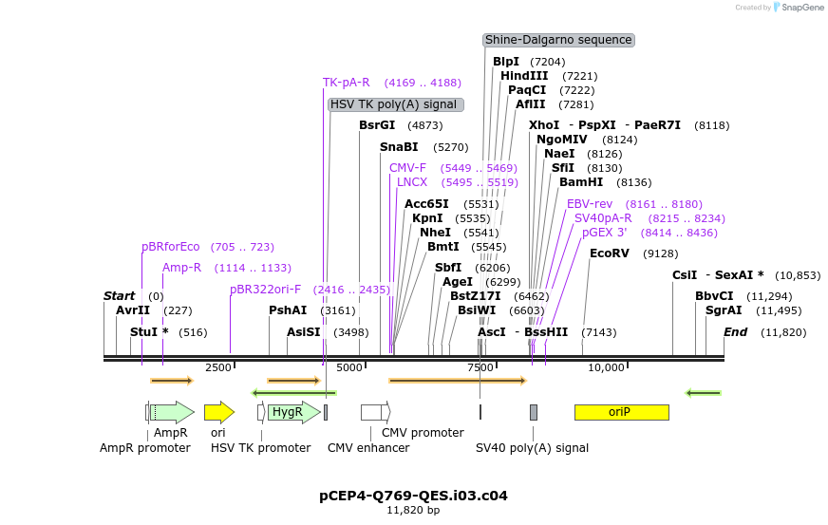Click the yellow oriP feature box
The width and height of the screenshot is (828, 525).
coord(621,412)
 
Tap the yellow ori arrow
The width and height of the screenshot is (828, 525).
coord(218,412)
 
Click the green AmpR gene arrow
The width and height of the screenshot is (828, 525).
coord(172,412)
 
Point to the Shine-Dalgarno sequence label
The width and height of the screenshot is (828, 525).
coord(558,40)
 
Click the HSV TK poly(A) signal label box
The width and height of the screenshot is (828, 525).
coord(395,104)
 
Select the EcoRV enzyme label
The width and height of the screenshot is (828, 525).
coord(609,253)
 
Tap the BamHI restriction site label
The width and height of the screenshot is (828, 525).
coord(580,182)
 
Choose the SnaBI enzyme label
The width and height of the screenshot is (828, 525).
coord(399,147)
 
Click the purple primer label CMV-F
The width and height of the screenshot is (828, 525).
coord(407,168)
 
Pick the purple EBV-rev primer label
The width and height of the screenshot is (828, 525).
coord(590,204)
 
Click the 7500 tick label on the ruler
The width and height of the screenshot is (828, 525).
coord(480,367)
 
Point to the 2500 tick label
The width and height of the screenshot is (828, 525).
coord(217,367)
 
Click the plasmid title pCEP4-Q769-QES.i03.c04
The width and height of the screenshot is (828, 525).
coord(413,496)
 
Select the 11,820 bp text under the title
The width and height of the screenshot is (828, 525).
coord(413,511)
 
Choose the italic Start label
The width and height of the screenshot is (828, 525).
coord(119,296)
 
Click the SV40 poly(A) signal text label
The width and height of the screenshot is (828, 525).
coord(532,448)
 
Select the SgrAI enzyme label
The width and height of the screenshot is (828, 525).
coord(723,310)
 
